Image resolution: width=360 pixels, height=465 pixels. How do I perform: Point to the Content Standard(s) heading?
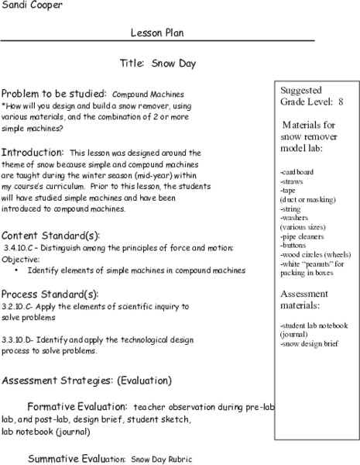click(50, 235)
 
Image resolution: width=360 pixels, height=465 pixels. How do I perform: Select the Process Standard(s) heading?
click(50, 294)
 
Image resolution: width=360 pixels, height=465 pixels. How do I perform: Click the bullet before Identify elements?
click(18, 270)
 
